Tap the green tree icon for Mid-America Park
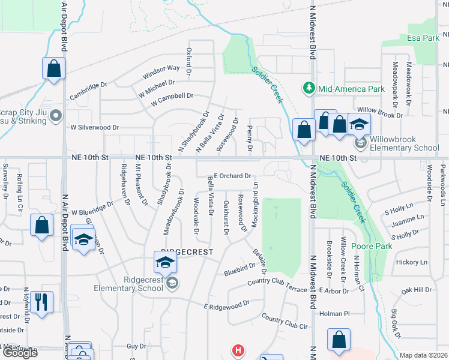[309, 89]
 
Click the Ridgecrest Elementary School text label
[127, 283]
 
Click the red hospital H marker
[238, 350]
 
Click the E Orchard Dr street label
[232, 176]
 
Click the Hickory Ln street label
[411, 262]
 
